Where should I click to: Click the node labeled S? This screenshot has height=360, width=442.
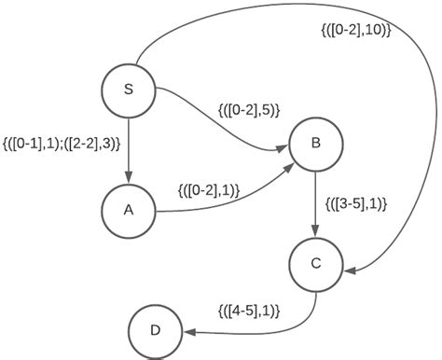click(x=128, y=89)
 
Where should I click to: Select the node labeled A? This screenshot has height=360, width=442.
click(x=128, y=210)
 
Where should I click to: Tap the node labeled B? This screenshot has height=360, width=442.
click(x=315, y=143)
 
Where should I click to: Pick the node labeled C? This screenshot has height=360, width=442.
click(x=315, y=264)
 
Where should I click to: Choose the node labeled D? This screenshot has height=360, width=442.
click(x=155, y=330)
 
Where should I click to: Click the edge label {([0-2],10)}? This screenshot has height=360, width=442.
click(x=353, y=30)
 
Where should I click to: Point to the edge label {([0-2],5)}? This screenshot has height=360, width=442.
click(x=247, y=109)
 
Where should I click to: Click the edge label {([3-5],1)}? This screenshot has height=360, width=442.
click(x=356, y=202)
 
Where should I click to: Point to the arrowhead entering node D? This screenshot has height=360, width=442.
click(x=188, y=329)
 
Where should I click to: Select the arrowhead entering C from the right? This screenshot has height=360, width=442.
click(x=350, y=270)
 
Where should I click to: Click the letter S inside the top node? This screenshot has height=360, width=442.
click(x=128, y=89)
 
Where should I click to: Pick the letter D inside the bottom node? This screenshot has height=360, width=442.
click(x=155, y=330)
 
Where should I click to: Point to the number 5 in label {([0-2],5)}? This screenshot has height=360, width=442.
click(x=268, y=109)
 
